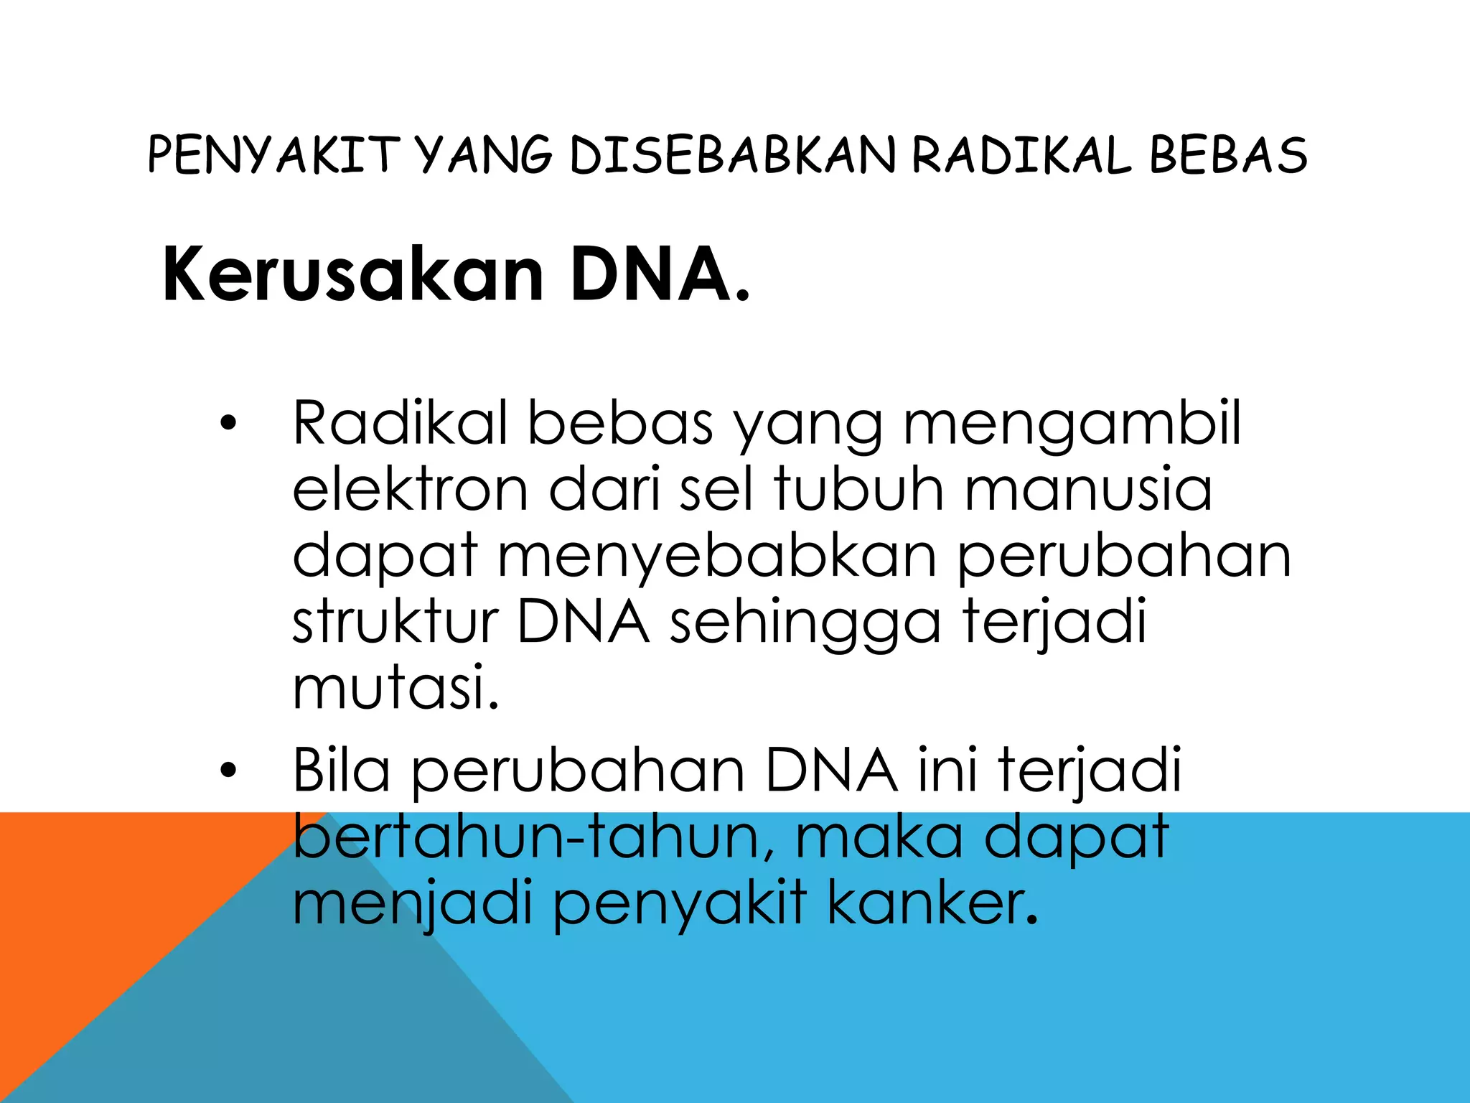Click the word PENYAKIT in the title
pos(273,155)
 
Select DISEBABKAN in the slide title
pos(732,155)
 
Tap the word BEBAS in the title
pos(1228,155)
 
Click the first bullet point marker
pos(228,424)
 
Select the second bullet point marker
pos(228,771)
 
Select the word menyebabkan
pos(717,557)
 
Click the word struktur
pos(395,622)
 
